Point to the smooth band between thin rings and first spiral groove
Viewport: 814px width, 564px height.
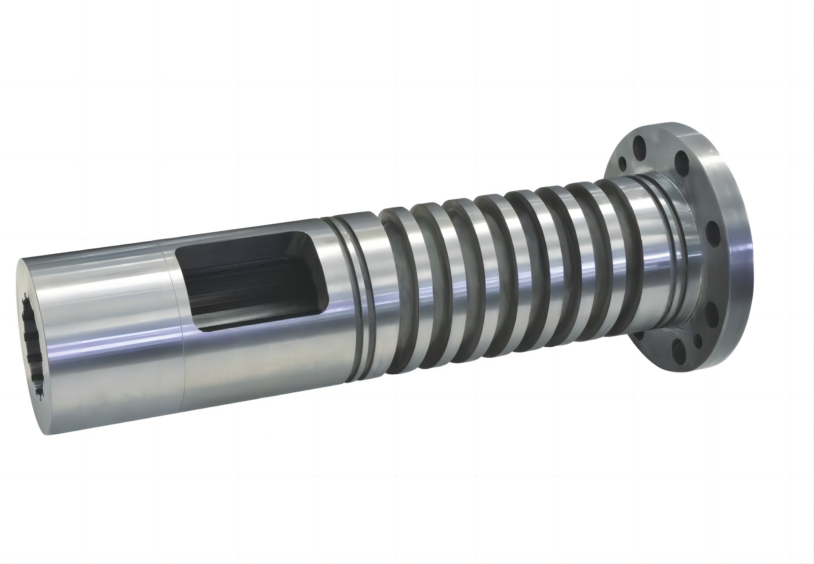click(370, 288)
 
